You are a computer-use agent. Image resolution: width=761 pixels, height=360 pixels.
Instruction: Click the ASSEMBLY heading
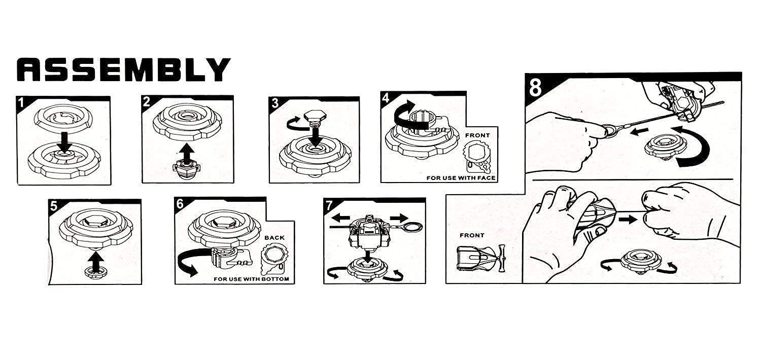click(124, 69)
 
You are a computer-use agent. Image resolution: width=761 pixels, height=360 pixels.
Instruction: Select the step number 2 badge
click(147, 101)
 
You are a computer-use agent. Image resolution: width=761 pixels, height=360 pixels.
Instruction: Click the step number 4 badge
click(387, 98)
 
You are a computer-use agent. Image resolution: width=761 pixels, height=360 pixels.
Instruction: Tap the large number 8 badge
click(535, 87)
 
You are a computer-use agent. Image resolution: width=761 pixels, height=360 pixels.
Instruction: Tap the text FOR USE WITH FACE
click(461, 178)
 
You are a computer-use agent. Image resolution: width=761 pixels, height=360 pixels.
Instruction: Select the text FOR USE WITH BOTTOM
click(251, 279)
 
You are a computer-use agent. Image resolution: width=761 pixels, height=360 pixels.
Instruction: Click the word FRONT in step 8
click(472, 235)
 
